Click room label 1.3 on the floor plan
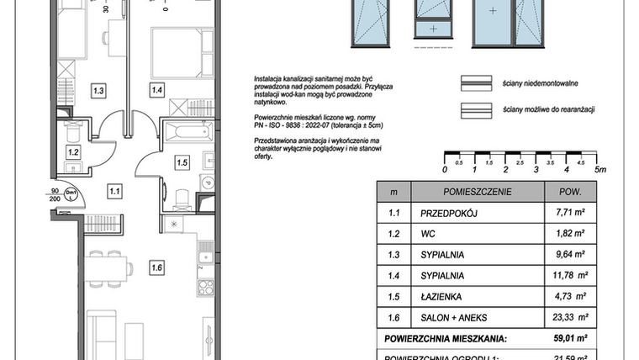coord(98,90)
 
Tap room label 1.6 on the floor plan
coord(156,269)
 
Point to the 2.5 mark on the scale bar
coord(521,161)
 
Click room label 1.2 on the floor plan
coord(73,152)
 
